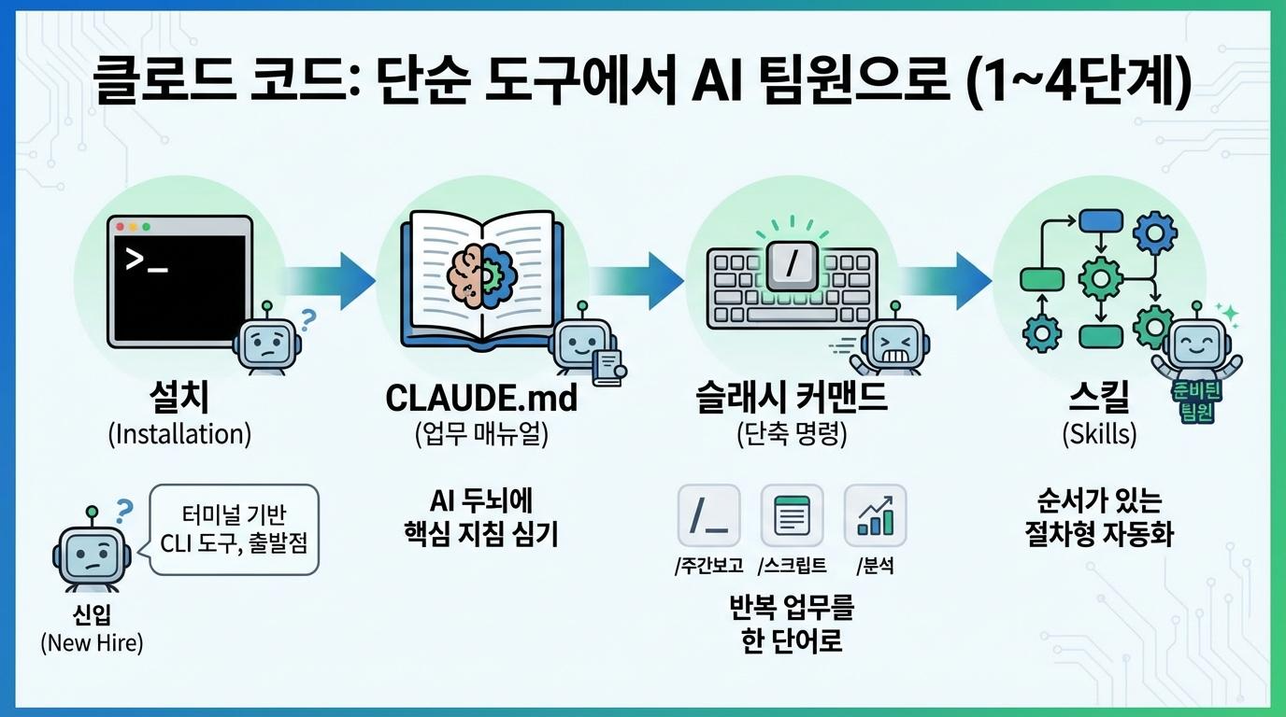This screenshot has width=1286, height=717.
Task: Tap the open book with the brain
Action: [481, 277]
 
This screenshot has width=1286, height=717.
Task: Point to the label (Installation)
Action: [179, 434]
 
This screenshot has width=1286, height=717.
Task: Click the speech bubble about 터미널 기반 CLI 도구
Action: [236, 527]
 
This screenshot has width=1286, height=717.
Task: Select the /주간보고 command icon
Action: [707, 514]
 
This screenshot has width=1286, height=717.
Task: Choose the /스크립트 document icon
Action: [792, 514]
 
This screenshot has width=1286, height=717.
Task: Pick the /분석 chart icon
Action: [875, 514]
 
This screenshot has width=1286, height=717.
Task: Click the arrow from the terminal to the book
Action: [332, 277]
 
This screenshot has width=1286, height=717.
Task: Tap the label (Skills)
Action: [1099, 434]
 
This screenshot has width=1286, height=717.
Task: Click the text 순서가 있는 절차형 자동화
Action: [1099, 518]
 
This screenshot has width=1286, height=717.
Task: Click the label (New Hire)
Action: [92, 643]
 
